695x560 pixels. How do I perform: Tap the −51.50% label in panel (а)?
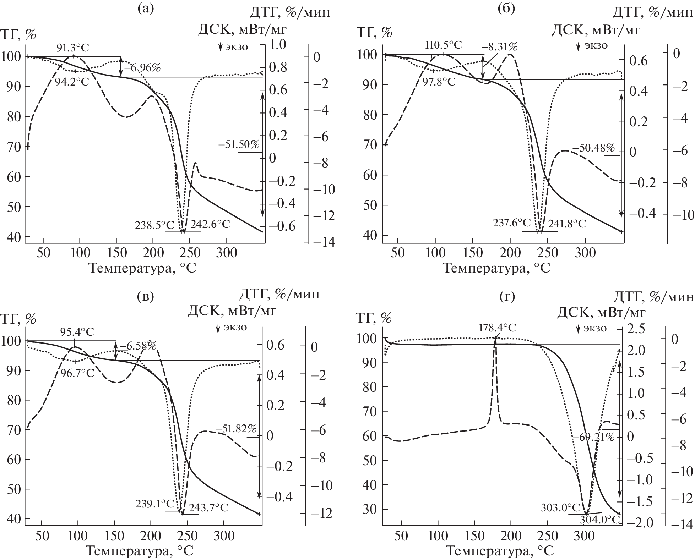tap(240, 145)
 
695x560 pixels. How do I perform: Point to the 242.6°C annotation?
tap(210, 224)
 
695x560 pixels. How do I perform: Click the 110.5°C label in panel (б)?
tap(444, 45)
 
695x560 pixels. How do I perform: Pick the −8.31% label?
tap(499, 46)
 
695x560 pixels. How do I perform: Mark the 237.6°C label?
tap(512, 223)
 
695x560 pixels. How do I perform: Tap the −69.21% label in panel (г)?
tap(593, 437)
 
